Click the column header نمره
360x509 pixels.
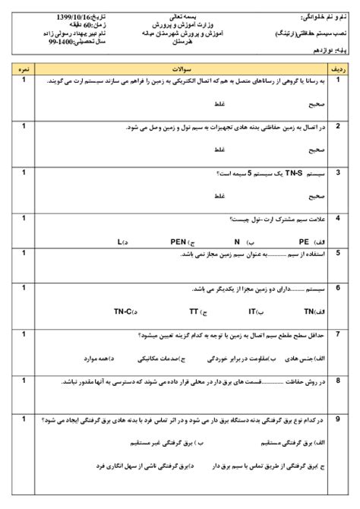(x=23, y=68)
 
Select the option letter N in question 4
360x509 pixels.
(x=237, y=242)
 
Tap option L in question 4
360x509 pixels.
(x=121, y=242)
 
